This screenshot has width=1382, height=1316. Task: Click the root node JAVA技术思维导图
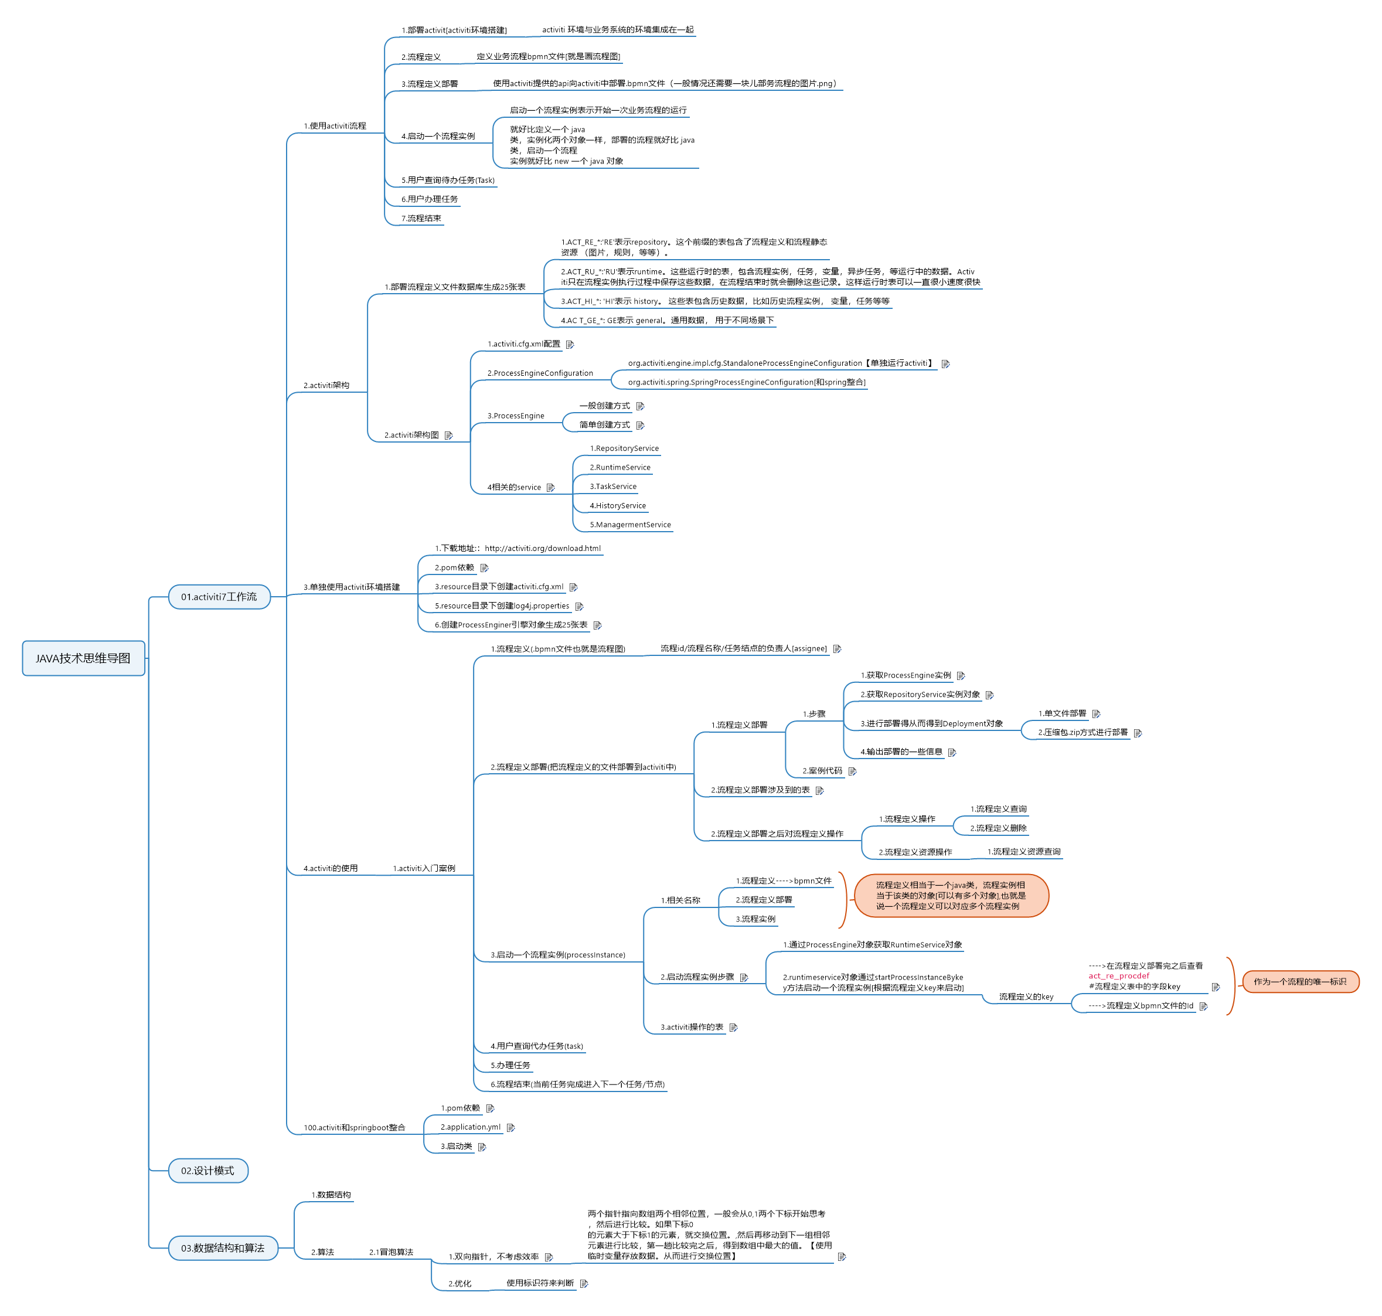pos(83,658)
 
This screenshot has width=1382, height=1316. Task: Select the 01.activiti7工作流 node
pos(219,597)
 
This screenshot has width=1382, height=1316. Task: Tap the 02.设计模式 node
pos(207,1171)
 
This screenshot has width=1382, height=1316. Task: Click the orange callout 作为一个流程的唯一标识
pos(1299,981)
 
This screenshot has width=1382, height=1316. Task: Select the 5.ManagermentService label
pos(630,525)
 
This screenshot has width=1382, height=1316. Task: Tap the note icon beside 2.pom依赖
pos(484,568)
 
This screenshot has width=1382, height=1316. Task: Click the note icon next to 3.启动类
pos(482,1147)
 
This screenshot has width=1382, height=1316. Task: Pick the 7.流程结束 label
pos(421,218)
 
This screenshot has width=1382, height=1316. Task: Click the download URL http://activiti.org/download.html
pos(542,549)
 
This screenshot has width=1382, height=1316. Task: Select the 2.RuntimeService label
pos(619,468)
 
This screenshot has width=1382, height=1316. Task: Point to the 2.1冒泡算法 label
pos(391,1252)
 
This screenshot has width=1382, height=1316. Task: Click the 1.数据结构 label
pos(331,1195)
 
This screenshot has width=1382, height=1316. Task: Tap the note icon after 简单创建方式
pos(640,426)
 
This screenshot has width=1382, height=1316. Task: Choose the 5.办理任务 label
pos(510,1065)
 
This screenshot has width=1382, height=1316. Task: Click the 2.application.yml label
pos(470,1127)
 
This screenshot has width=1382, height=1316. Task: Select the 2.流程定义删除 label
pos(998,828)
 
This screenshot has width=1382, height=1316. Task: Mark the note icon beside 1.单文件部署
pos(1096,714)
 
